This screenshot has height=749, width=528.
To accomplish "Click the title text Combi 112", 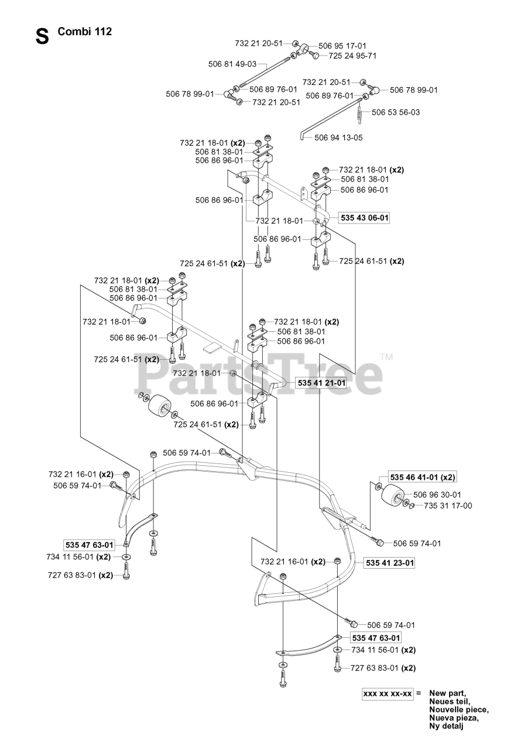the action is pos(85,32).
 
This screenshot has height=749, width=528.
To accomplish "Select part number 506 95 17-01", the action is pos(342,46).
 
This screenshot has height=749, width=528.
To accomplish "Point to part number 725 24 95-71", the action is pos(352,56).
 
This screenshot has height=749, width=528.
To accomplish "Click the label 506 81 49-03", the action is pos(232,64).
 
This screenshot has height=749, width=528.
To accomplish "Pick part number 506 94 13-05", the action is pos(338,138).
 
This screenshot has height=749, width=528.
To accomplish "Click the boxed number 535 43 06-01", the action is pos(364,218).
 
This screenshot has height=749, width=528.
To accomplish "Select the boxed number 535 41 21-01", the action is pos(321,383).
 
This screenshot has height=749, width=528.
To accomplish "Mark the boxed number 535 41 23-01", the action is pos(389,563).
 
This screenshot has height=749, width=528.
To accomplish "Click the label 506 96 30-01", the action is pos(437,494).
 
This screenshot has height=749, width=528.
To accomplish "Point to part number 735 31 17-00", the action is pos(448,506).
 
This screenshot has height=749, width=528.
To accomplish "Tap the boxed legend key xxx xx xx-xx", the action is pos(388,693).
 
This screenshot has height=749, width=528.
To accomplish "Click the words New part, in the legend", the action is pos(448,693).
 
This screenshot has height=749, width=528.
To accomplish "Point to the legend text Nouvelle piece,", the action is pos(458,710).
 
